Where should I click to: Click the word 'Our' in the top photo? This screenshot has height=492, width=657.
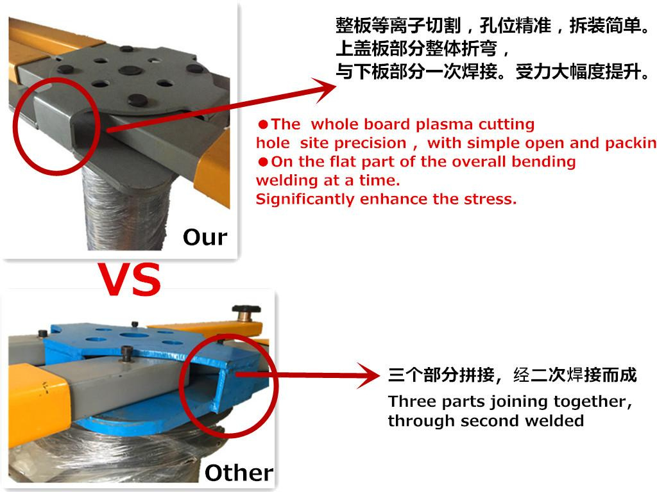point(205,237)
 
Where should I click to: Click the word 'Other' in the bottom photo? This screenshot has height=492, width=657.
point(239,473)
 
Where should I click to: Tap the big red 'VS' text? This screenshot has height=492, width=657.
point(130,280)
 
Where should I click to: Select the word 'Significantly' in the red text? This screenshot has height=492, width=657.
point(305,199)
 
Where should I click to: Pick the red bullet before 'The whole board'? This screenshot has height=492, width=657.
point(263,125)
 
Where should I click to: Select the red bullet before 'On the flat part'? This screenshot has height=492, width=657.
point(263,162)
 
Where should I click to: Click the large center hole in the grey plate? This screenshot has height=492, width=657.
point(130,70)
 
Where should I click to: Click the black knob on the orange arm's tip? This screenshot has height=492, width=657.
point(247,311)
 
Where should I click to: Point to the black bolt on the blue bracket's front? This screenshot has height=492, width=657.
point(126,353)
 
